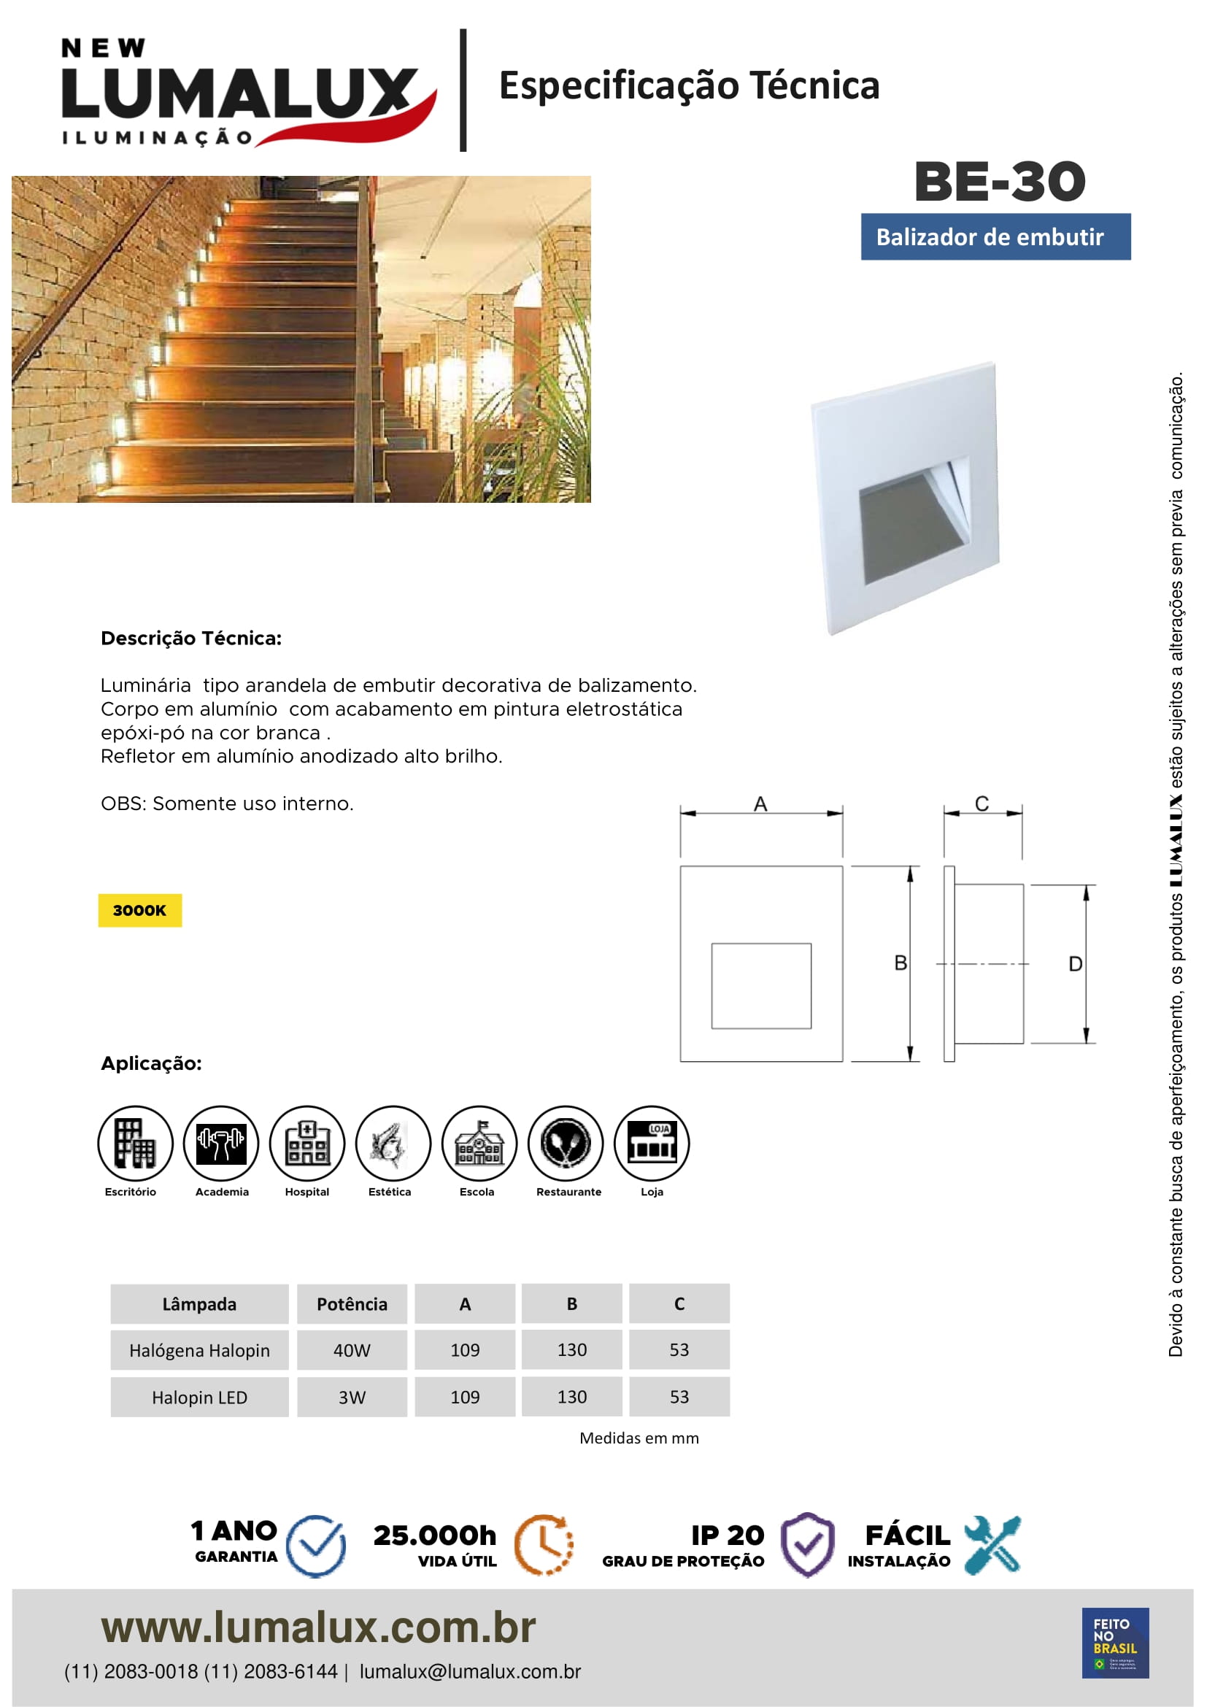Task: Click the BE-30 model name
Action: [1000, 182]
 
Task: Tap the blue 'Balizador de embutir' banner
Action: [995, 237]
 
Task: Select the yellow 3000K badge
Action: [139, 910]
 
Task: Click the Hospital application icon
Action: [307, 1143]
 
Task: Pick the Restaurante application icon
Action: [566, 1143]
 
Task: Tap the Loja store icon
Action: [652, 1143]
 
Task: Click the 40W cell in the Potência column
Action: [352, 1350]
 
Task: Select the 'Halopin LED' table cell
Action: [199, 1398]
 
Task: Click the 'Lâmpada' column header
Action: [199, 1304]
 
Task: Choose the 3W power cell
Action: [352, 1398]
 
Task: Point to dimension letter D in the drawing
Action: [1075, 964]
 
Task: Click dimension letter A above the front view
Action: [760, 804]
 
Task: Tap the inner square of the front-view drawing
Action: [761, 986]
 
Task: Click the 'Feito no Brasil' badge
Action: [1115, 1643]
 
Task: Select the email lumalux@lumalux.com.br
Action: [470, 1672]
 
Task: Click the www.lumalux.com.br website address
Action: [318, 1627]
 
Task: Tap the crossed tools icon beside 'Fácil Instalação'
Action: [993, 1545]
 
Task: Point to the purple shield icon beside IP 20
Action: [807, 1545]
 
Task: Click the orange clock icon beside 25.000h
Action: [544, 1545]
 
